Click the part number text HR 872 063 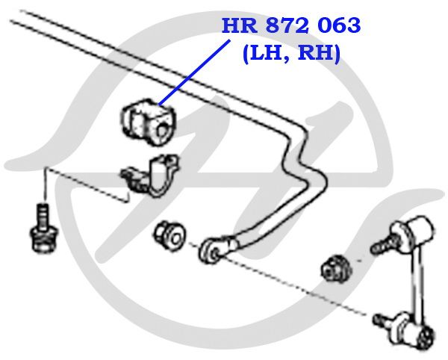click(291, 25)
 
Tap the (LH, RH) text click(291, 54)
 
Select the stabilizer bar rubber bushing click(148, 122)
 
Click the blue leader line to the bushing click(194, 72)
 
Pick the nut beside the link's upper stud click(336, 269)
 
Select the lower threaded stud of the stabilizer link click(384, 320)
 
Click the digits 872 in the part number click(287, 25)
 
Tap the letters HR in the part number click(240, 25)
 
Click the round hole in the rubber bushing click(162, 131)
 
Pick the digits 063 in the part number click(339, 25)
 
